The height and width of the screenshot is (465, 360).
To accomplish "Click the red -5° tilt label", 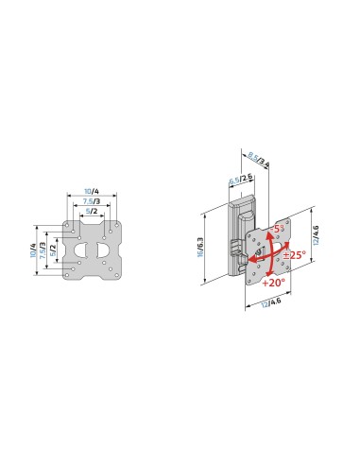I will click(278, 229).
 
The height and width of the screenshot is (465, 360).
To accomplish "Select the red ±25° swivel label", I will click(295, 255).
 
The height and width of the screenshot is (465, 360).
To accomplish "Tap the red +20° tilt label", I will click(275, 283).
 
